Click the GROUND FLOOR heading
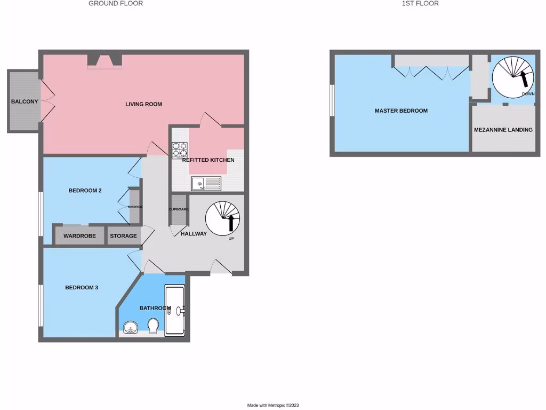[116, 3]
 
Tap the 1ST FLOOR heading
[420, 3]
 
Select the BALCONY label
[25, 101]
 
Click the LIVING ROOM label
[143, 104]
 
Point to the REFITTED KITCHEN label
[208, 160]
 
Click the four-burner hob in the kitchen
[180, 149]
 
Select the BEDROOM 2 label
[85, 191]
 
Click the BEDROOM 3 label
[82, 288]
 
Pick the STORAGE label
[123, 236]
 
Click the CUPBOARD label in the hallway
[179, 209]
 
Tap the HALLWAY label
[194, 234]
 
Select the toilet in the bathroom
[153, 326]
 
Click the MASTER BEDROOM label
[401, 111]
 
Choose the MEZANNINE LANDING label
[503, 130]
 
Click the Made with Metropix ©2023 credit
[276, 405]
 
